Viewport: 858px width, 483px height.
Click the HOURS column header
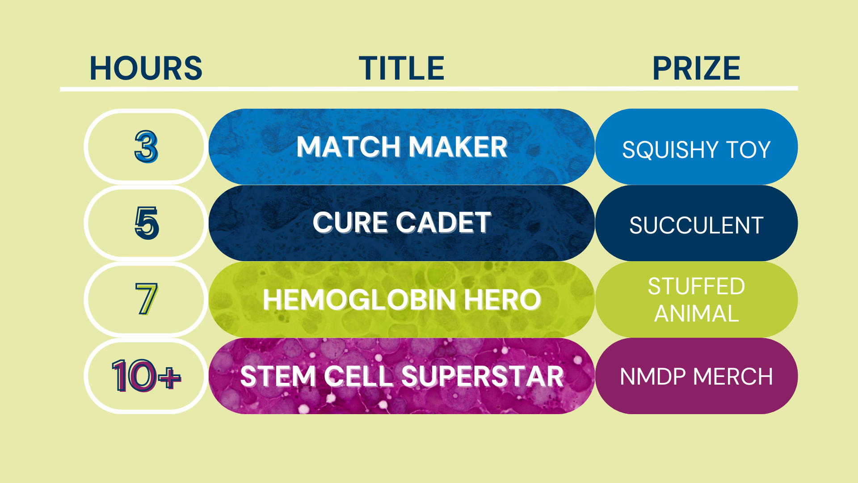[x=146, y=68]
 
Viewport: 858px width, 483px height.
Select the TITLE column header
[x=402, y=68]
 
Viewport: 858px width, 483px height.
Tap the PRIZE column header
[x=696, y=68]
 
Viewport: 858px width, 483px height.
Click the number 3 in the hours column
[x=146, y=147]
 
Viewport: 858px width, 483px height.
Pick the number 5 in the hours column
[x=147, y=223]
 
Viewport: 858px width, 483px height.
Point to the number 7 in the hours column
[x=146, y=299]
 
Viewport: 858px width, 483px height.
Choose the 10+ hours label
[x=146, y=376]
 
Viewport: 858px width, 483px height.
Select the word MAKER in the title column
[x=458, y=147]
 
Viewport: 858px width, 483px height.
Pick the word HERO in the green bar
[x=502, y=299]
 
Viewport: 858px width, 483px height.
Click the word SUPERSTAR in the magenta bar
[x=483, y=376]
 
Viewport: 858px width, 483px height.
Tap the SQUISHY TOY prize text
[x=696, y=149]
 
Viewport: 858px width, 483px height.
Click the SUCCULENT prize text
[x=696, y=225]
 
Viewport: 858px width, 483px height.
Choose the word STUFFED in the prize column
[x=696, y=286]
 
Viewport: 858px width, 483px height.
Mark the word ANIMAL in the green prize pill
[x=696, y=314]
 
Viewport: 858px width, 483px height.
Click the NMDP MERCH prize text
[x=696, y=377]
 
